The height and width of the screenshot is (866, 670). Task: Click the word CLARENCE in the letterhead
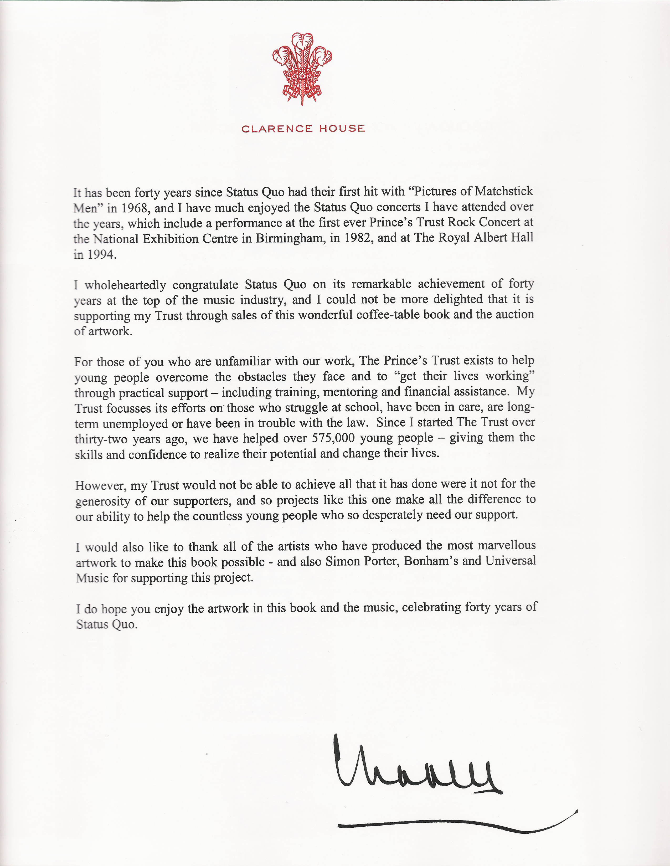pos(277,129)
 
